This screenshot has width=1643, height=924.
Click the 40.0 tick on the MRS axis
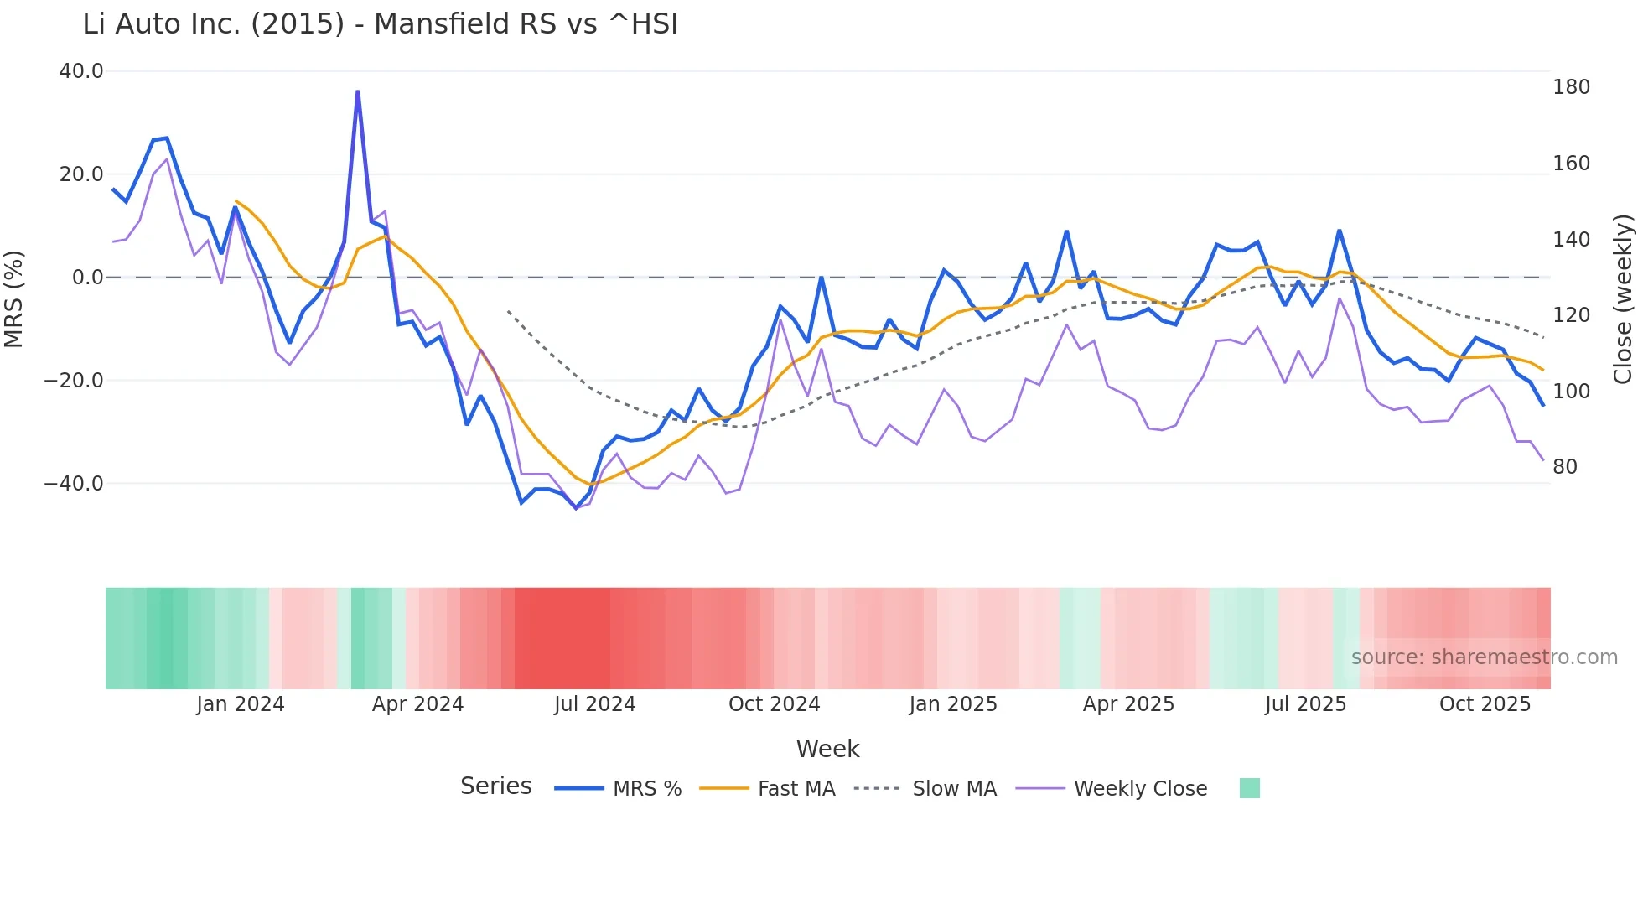coord(81,71)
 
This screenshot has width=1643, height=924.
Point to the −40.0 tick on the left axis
coord(74,484)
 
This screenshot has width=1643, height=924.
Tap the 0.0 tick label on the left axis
coord(87,278)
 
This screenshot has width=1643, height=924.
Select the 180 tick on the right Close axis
coord(1571,87)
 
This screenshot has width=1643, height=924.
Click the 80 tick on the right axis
coord(1565,467)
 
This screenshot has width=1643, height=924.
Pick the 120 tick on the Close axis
coord(1571,315)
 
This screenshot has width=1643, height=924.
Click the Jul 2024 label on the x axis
coord(594,704)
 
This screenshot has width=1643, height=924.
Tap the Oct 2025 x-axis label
coord(1485,704)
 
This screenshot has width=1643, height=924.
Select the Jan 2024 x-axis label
coord(241,704)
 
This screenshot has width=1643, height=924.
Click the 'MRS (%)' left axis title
coord(14,299)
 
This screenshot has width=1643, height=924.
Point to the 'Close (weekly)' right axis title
coord(1623,299)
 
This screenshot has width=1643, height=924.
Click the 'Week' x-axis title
coord(827,749)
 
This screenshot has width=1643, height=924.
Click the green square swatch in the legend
coord(1249,788)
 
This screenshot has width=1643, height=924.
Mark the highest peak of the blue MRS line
coord(358,91)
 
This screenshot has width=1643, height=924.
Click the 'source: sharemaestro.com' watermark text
coord(1484,657)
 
